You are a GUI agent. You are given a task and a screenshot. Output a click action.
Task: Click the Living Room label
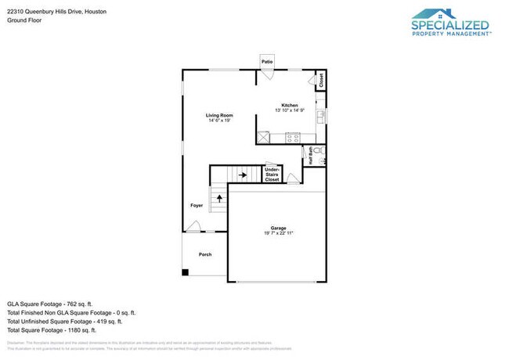pyautogui.click(x=219, y=115)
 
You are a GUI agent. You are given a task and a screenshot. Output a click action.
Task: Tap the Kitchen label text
pyautogui.click(x=289, y=105)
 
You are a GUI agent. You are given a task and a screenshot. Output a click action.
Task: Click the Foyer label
pyautogui.click(x=197, y=206)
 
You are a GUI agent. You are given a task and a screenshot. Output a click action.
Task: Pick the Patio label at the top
pyautogui.click(x=267, y=60)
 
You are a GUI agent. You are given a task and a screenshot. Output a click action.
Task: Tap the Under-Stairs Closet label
pyautogui.click(x=272, y=175)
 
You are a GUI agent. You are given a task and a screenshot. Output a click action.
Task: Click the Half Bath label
pyautogui.click(x=310, y=154)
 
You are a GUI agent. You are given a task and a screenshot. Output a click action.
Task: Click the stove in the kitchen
pyautogui.click(x=293, y=138)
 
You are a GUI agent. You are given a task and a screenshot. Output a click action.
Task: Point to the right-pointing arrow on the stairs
pyautogui.click(x=243, y=175)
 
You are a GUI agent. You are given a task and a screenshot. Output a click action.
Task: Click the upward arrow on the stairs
pyautogui.click(x=218, y=199)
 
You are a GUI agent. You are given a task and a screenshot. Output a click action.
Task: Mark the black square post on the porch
pyautogui.click(x=186, y=272)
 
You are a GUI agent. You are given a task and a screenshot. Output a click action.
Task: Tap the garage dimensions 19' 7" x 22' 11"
pyautogui.click(x=277, y=233)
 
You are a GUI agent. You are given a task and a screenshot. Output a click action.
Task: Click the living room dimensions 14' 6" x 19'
pyautogui.click(x=219, y=121)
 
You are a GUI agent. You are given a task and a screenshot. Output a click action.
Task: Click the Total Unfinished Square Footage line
pyautogui.click(x=64, y=321)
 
